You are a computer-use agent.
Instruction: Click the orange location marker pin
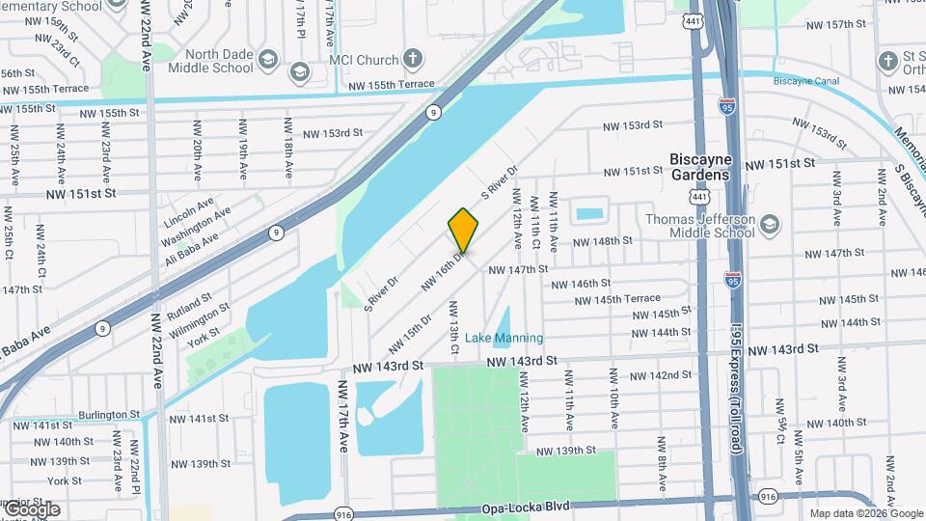click(463, 230)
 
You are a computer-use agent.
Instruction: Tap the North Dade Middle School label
click(210, 60)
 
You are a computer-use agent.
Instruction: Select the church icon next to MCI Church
click(413, 59)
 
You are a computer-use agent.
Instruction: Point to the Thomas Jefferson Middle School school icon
click(770, 226)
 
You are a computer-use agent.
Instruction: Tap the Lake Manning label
click(504, 338)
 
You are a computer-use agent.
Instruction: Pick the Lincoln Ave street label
click(189, 209)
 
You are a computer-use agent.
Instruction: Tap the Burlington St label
click(109, 414)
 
